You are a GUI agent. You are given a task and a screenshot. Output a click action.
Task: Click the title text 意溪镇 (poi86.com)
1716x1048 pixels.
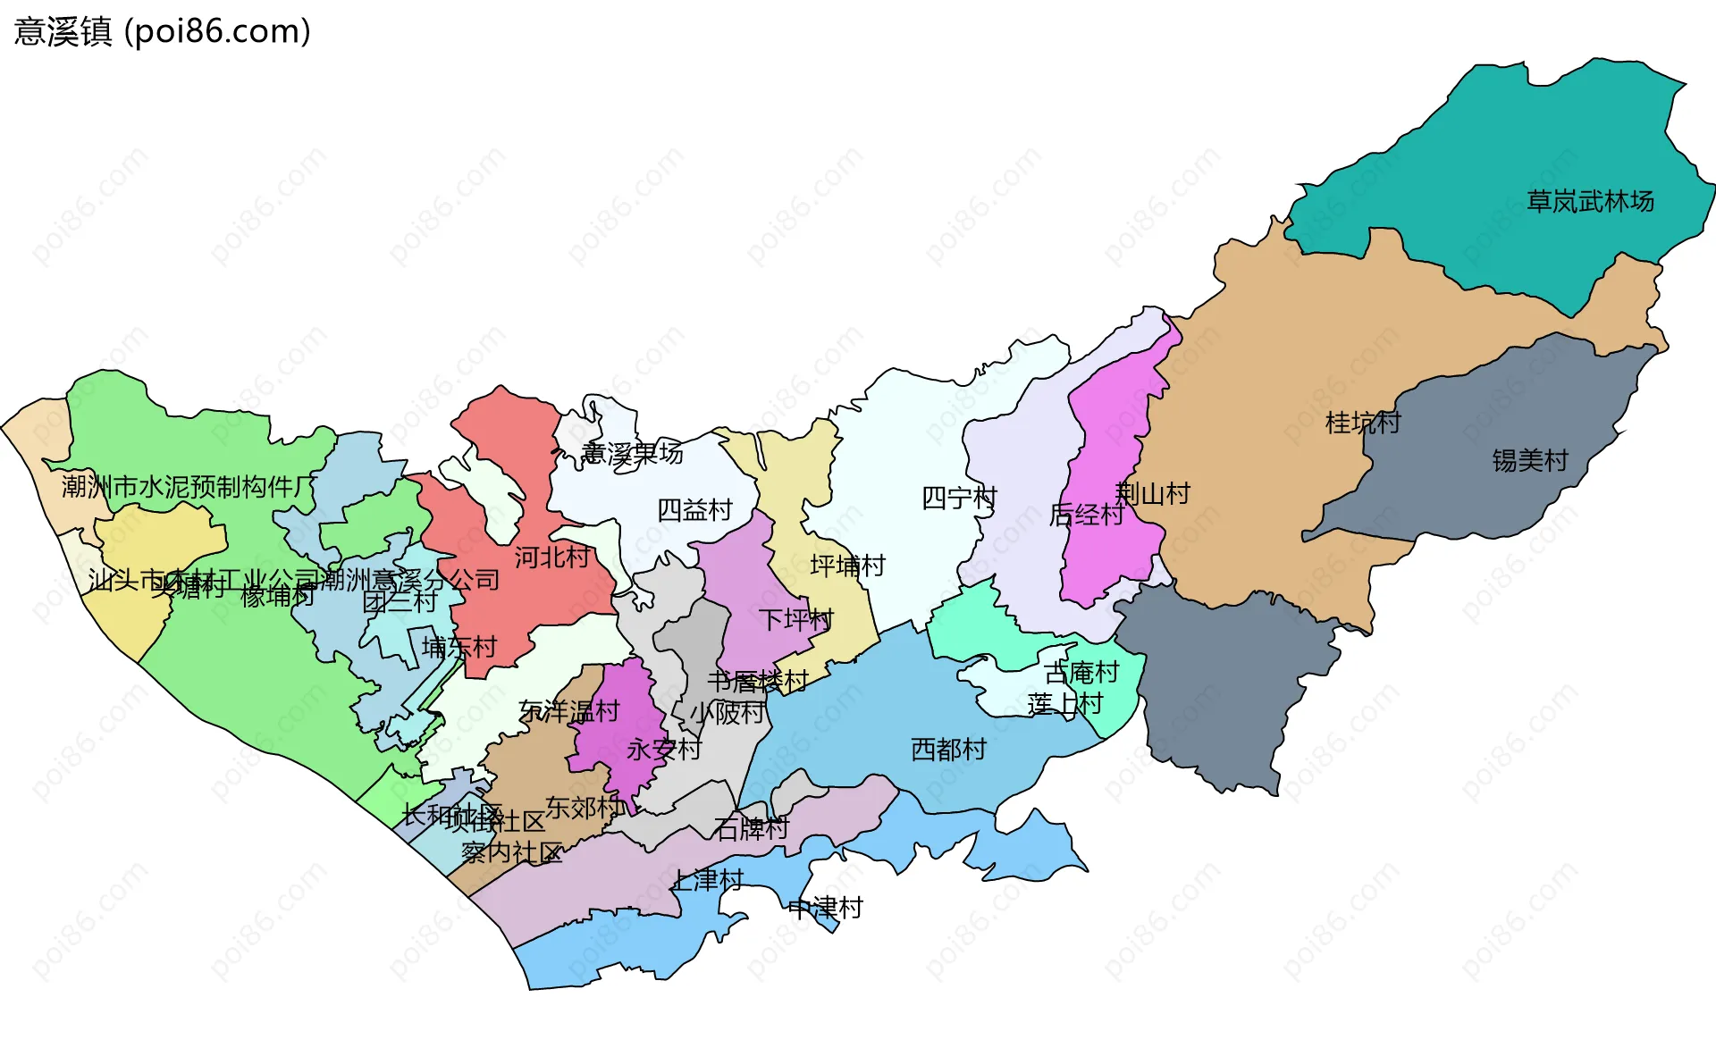[162, 31]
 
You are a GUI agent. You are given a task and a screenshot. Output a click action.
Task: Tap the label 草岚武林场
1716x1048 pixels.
[1590, 201]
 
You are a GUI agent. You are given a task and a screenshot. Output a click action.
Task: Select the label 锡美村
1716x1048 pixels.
[1530, 460]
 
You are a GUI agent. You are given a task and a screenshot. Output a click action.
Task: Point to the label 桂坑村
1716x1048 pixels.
[1362, 422]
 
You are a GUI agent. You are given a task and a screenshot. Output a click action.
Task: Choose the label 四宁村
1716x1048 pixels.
[959, 498]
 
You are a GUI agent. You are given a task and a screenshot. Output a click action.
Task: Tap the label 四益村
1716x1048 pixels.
[694, 509]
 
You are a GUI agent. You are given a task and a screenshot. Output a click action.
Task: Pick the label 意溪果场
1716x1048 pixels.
[632, 453]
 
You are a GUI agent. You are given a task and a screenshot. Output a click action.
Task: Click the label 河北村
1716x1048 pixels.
[551, 557]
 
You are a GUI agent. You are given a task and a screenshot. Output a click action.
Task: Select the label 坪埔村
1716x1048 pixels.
[847, 565]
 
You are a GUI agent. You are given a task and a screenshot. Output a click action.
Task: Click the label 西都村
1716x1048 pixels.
[948, 749]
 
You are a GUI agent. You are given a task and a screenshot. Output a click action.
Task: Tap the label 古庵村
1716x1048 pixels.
[1081, 672]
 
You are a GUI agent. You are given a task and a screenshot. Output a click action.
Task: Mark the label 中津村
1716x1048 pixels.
[825, 908]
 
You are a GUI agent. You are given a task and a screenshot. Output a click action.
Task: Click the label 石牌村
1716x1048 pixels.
[751, 828]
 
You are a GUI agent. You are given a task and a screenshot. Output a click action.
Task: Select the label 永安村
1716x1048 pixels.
[663, 749]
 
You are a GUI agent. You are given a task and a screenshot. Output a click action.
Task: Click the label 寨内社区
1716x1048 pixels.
[511, 852]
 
